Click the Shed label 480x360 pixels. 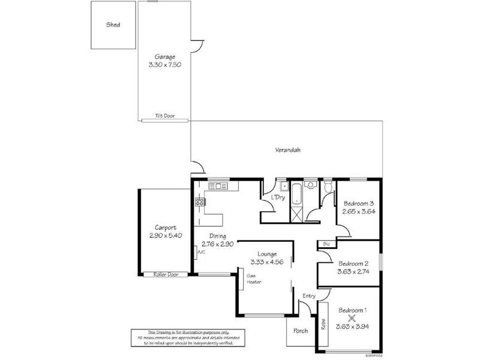click(x=113, y=25)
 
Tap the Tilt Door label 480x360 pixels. click(x=165, y=116)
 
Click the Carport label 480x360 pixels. click(x=165, y=227)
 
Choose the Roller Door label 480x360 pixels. click(x=165, y=274)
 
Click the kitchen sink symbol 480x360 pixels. click(x=218, y=186)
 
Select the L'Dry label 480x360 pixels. click(x=278, y=197)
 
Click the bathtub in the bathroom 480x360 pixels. click(x=296, y=194)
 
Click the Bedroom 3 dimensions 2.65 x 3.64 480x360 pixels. click(x=359, y=211)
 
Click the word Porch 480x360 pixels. click(x=300, y=331)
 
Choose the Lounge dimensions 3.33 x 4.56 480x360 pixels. click(x=266, y=262)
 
